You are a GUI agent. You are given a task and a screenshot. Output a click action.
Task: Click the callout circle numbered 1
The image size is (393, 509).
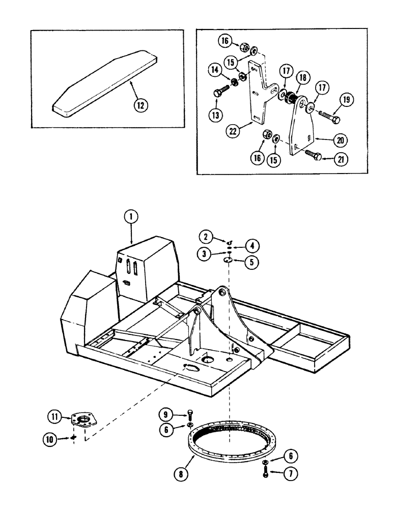point(131,217)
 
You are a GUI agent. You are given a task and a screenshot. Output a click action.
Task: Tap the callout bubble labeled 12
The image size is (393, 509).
point(139,106)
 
